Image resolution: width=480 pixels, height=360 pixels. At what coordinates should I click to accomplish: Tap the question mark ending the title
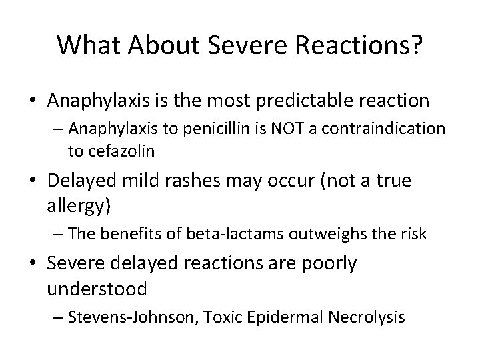415,45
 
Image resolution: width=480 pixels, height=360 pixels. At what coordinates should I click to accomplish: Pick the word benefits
137,235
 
